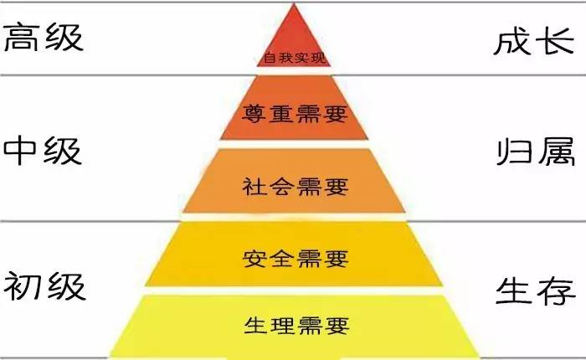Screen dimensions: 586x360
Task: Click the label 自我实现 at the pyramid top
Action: (x=292, y=59)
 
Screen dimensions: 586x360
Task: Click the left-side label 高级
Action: (x=44, y=38)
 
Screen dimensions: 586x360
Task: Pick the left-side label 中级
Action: (x=44, y=152)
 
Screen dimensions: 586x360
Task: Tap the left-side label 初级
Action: (x=44, y=286)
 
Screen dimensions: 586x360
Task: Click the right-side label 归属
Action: (x=536, y=152)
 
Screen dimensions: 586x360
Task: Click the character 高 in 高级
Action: (x=23, y=38)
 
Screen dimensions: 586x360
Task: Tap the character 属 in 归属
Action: (x=557, y=152)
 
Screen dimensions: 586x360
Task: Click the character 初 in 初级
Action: (x=23, y=286)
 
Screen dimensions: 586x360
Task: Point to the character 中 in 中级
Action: (x=23, y=152)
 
